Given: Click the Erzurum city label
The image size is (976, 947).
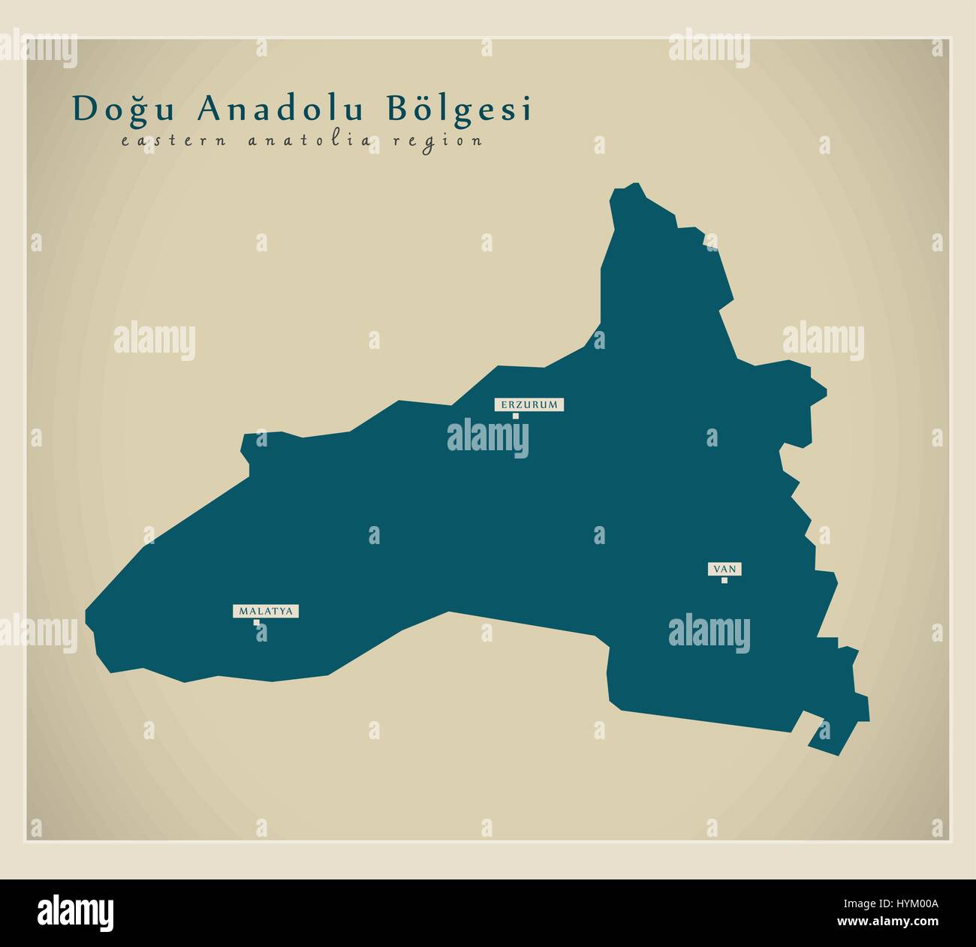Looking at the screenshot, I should click(528, 404).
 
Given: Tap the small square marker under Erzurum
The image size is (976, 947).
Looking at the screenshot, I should click(515, 416).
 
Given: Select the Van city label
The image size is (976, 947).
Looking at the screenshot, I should click(724, 570).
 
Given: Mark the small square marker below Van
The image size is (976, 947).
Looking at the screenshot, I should click(724, 580).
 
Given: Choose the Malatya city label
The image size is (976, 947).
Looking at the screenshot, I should click(265, 612).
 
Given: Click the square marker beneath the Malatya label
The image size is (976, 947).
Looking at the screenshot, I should click(257, 622).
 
